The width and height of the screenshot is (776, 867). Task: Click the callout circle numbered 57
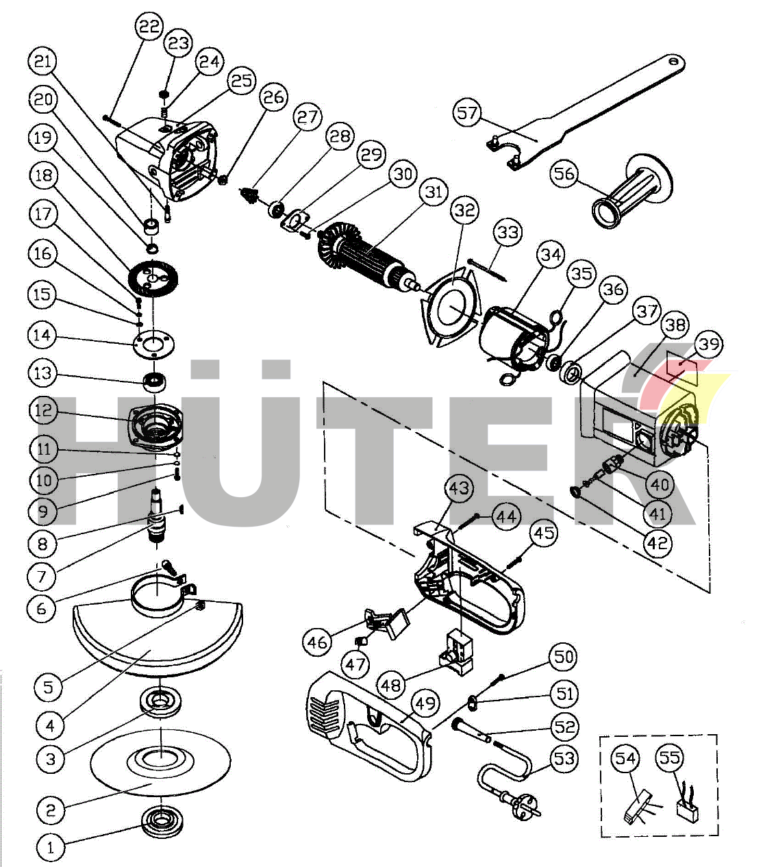468,112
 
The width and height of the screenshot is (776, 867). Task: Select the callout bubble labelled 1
50,847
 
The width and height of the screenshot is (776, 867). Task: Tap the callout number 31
434,192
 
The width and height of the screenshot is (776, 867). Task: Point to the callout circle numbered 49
425,703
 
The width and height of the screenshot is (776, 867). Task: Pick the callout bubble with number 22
149,27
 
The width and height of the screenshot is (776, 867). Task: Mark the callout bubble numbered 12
43,411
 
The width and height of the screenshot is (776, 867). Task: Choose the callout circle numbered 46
317,642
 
